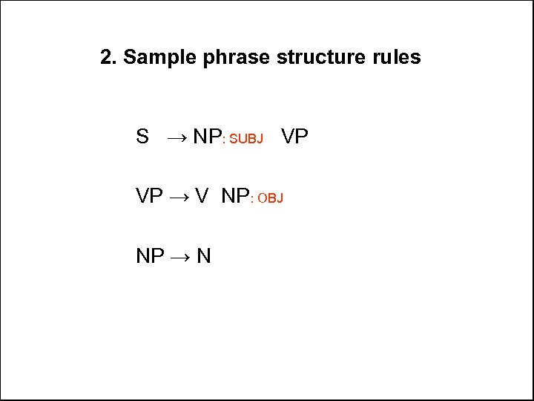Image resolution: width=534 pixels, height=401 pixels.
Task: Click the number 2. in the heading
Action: pyautogui.click(x=109, y=57)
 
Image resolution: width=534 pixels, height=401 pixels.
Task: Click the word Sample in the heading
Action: pyautogui.click(x=159, y=57)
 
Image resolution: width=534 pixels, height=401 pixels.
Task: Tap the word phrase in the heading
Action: pyautogui.click(x=237, y=58)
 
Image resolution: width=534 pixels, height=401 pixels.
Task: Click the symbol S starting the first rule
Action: pyautogui.click(x=142, y=137)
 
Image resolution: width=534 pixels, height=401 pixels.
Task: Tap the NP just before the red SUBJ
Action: pyautogui.click(x=207, y=137)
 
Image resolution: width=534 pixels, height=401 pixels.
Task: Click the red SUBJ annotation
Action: pyautogui.click(x=246, y=139)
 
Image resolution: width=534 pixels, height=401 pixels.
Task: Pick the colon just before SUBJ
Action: pyautogui.click(x=224, y=139)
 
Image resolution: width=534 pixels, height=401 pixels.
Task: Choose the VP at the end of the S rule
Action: pyautogui.click(x=295, y=137)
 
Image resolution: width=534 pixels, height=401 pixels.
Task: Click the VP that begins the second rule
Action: pyautogui.click(x=149, y=196)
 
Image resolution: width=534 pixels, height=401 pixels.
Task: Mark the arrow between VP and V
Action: pyautogui.click(x=179, y=197)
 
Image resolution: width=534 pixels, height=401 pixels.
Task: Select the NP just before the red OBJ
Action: pyautogui.click(x=235, y=196)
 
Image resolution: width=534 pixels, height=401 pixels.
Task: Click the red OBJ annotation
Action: pyautogui.click(x=271, y=198)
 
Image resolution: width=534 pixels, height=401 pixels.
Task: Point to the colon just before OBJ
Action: pyautogui.click(x=252, y=199)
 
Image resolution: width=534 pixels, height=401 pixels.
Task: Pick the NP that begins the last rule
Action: pyautogui.click(x=150, y=256)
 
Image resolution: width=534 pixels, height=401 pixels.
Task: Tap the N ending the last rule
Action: pyautogui.click(x=204, y=256)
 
